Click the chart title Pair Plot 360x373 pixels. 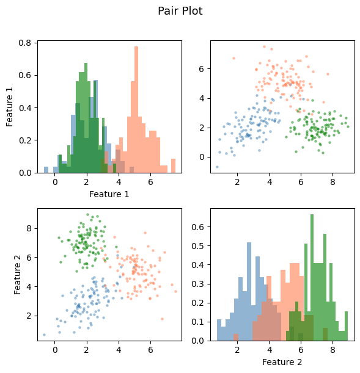point(180,11)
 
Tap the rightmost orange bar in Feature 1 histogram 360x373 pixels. point(173,165)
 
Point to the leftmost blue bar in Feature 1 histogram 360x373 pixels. point(46,170)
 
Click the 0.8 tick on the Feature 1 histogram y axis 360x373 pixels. point(26,43)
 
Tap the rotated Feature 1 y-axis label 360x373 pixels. point(10,107)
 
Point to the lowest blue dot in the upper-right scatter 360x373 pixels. point(217,167)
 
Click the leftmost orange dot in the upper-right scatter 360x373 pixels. point(233,59)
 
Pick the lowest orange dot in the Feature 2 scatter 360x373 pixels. point(163,319)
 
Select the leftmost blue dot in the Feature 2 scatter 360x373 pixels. point(44,335)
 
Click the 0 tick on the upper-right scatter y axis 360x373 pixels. point(203,157)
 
